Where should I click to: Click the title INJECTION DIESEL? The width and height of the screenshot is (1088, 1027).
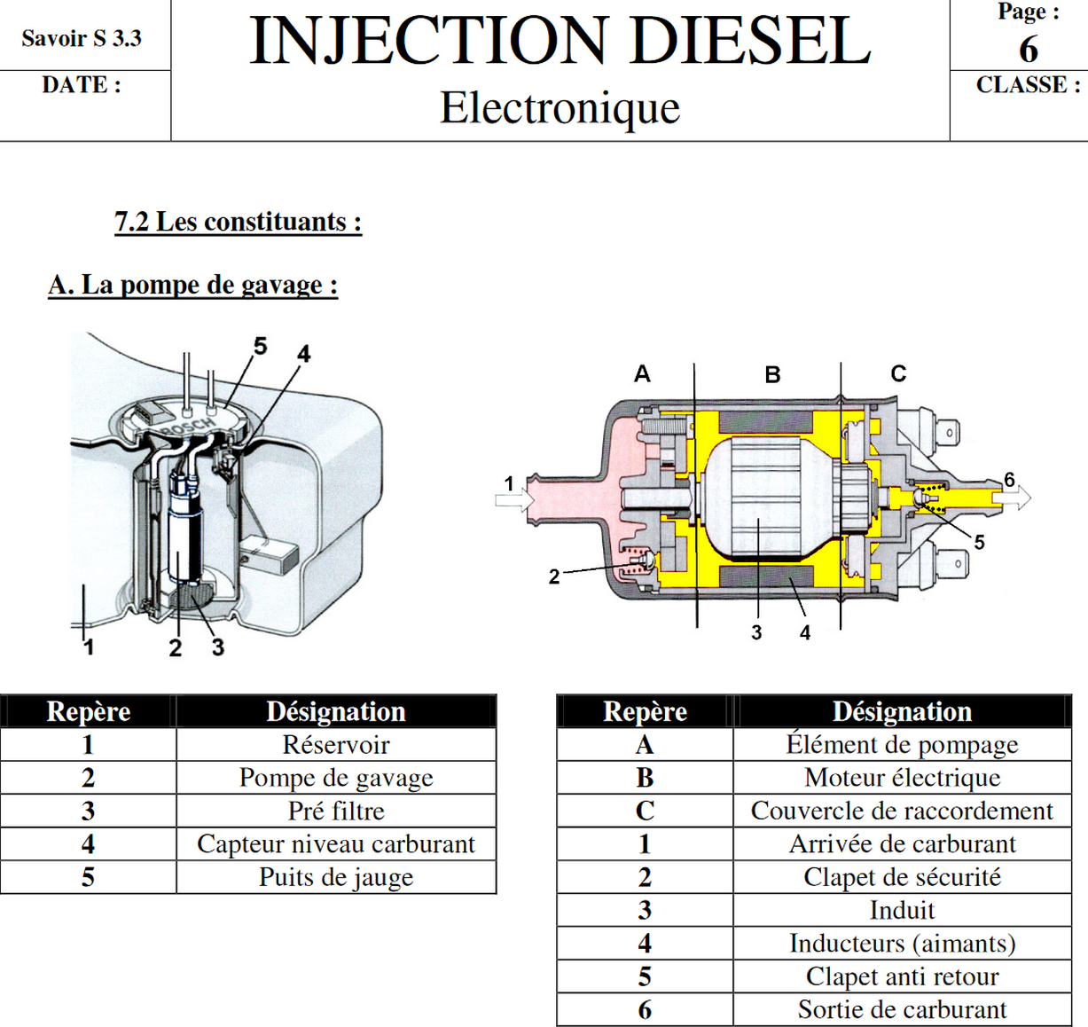point(560,41)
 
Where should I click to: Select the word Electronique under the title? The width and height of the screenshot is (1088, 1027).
point(560,108)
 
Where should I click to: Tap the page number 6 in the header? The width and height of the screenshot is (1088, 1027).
point(1028,50)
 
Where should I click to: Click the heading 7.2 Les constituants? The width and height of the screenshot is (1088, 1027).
point(238,221)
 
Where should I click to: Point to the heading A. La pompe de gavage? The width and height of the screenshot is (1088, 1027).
point(192,285)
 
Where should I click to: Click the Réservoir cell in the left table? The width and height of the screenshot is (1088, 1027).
point(335,745)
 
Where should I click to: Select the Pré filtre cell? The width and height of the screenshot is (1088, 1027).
point(335,811)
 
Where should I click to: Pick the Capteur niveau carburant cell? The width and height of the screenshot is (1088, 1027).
point(335,843)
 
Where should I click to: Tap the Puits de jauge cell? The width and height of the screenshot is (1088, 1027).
point(335,877)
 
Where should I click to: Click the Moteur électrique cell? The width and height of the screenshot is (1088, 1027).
point(902,778)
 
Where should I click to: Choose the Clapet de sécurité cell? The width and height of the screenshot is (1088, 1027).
point(902,877)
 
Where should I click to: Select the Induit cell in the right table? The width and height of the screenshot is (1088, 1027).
point(902,910)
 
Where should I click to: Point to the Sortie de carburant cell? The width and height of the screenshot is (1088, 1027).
point(902,1009)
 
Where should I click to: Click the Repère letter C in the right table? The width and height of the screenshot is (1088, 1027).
point(645,811)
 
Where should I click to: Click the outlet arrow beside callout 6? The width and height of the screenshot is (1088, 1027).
point(1017,498)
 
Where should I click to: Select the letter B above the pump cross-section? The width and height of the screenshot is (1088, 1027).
point(772,375)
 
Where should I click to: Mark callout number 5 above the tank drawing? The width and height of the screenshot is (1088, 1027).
point(260,346)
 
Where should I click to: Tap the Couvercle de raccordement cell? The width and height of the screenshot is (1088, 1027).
point(902,811)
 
